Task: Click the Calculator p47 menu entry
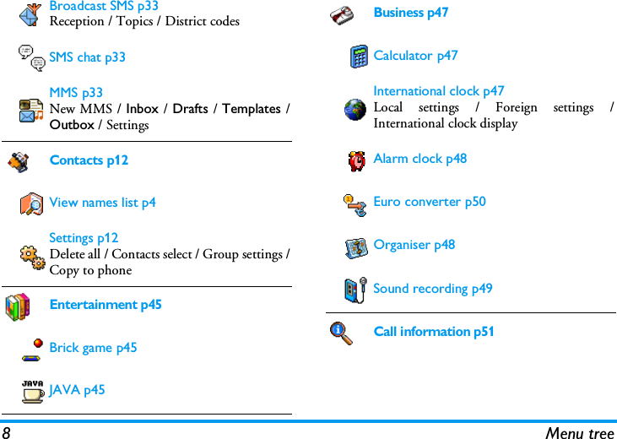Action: [x=415, y=56]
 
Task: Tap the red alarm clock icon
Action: [x=357, y=160]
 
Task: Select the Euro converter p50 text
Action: [x=429, y=202]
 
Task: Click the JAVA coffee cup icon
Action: [x=33, y=391]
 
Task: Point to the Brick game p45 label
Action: [x=93, y=348]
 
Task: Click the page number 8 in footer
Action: [x=6, y=432]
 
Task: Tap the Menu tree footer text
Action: [x=579, y=432]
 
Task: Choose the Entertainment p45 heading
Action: [x=106, y=305]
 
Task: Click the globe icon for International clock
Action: [x=356, y=109]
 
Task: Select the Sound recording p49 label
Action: [x=432, y=289]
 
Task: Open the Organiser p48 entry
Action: [x=414, y=245]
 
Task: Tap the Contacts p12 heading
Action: [x=89, y=160]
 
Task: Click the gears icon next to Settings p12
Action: [x=32, y=256]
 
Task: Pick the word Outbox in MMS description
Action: [x=72, y=125]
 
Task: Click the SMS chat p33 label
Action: [x=87, y=57]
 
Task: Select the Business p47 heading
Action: [x=410, y=13]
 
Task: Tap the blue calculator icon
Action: [x=359, y=57]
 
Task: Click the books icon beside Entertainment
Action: [x=17, y=306]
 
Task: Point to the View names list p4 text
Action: [x=102, y=203]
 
